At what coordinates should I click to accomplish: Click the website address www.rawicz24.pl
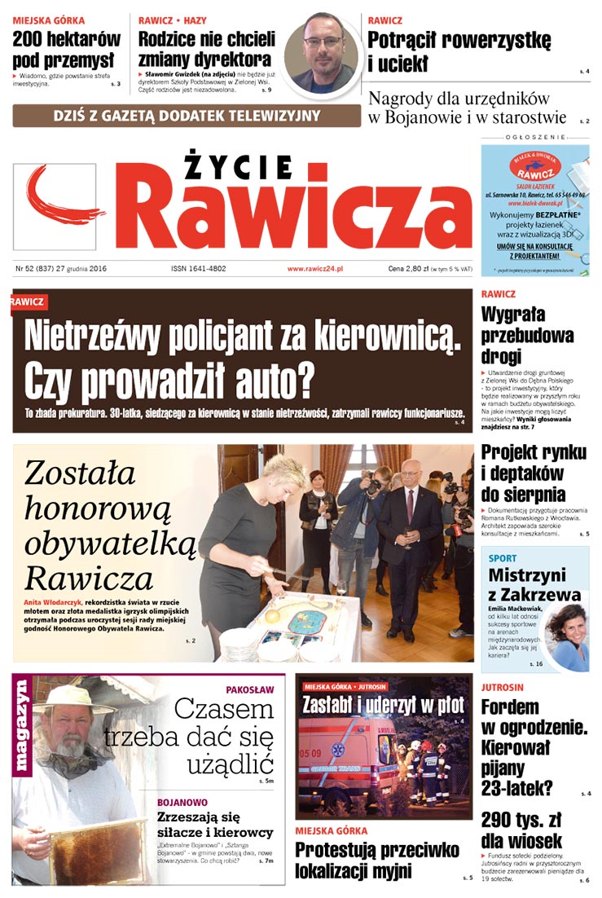coord(315,268)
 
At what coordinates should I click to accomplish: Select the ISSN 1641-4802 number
coord(198,268)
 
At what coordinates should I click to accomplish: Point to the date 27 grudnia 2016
coord(77,268)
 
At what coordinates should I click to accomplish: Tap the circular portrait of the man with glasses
coord(322,53)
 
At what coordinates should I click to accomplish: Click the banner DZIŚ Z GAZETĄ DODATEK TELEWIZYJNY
coord(187,116)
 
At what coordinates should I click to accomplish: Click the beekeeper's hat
coord(73,699)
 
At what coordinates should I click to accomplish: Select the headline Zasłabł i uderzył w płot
coord(383,704)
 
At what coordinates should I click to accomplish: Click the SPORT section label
coord(503,558)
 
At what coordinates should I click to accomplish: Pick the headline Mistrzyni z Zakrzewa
coord(534,585)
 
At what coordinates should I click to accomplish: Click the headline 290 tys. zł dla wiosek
coord(521,830)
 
